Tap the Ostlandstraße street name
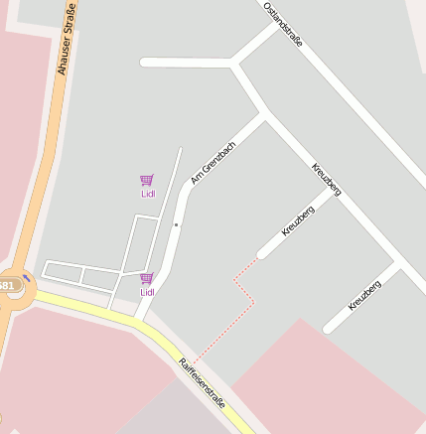tap(283, 25)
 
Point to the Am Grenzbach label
tap(213, 162)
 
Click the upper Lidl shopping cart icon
tap(147, 180)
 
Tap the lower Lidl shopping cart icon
tap(147, 278)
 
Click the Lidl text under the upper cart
tap(147, 194)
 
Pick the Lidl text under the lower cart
tap(147, 292)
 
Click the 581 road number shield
tap(6, 286)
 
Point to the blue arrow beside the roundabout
tap(27, 279)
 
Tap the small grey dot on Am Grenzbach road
tap(177, 225)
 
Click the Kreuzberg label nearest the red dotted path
tap(298, 219)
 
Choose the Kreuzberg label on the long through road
tap(327, 179)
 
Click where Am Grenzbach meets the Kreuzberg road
tap(265, 115)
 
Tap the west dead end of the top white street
tap(145, 63)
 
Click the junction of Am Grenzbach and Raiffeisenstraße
tap(144, 317)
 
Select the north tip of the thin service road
tap(181, 150)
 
